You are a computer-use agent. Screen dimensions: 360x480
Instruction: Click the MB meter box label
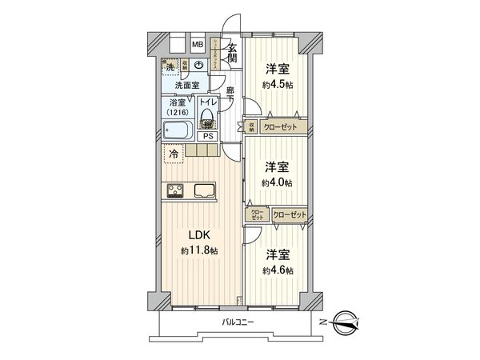pyautogui.click(x=197, y=45)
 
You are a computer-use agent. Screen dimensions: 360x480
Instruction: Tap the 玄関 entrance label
pyautogui.click(x=232, y=53)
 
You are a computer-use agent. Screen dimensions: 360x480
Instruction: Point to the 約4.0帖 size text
pyautogui.click(x=277, y=175)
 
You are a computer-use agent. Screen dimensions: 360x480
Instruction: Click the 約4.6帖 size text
pyautogui.click(x=277, y=263)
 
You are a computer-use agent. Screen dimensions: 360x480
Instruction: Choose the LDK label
pyautogui.click(x=199, y=236)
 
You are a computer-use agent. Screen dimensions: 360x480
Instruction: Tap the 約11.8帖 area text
pyautogui.click(x=199, y=251)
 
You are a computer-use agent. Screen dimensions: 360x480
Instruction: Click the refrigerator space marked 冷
pyautogui.click(x=173, y=153)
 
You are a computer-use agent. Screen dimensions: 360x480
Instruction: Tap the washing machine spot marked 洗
pyautogui.click(x=170, y=65)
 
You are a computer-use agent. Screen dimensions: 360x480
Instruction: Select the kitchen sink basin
pyautogui.click(x=203, y=190)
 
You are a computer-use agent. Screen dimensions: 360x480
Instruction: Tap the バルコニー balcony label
pyautogui.click(x=238, y=322)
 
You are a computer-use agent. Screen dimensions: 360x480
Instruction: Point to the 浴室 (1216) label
pyautogui.click(x=178, y=107)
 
